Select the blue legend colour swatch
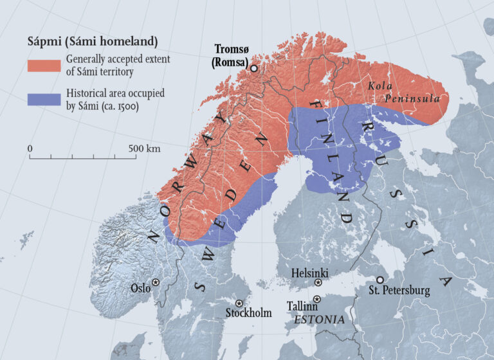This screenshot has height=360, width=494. pos(44,100)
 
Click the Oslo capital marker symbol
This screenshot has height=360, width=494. pos(156,282)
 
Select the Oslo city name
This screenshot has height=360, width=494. pos(140,288)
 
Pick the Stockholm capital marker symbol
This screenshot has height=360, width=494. pos(239,303)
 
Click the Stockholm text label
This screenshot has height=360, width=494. pos(248,314)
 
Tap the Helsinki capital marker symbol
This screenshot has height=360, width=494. pos(318,283)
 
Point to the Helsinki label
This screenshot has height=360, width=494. pos(309,273)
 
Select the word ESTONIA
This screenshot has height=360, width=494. pos(319,319)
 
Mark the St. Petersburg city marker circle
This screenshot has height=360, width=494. pos(380,280)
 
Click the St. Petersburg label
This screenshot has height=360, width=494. pos(399,291)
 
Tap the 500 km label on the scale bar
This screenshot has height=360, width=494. pos(144,148)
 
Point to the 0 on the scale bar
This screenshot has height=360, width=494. pos(30,148)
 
